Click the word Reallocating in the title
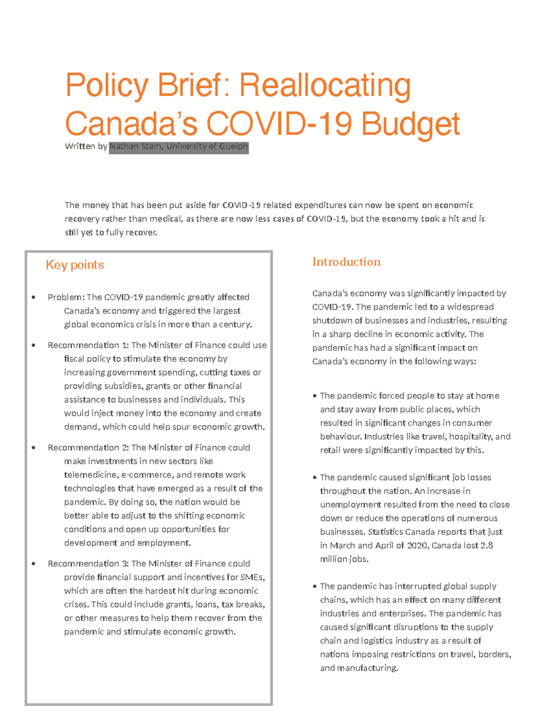[325, 86]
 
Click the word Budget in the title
[410, 124]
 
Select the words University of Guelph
[207, 146]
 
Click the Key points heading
[75, 265]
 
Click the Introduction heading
[346, 262]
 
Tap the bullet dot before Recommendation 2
[34, 448]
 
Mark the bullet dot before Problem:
[34, 298]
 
